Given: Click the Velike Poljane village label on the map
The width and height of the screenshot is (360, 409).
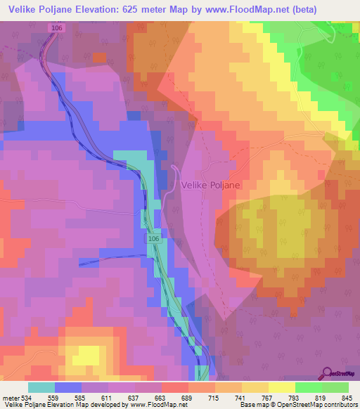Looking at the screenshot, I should click(x=210, y=185).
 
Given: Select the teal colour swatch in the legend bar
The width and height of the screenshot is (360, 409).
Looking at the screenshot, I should click(x=41, y=387).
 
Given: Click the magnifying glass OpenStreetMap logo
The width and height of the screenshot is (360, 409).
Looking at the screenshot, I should click(x=326, y=373).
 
